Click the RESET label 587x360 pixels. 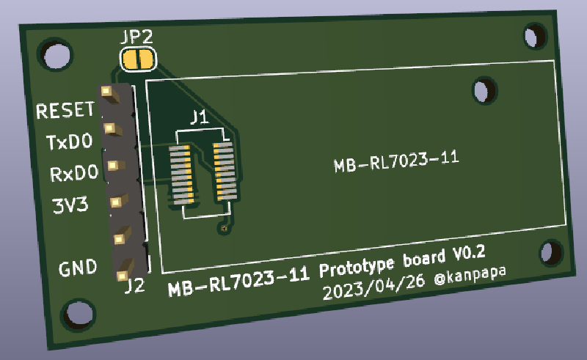tap(65, 111)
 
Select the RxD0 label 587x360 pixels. tap(73, 174)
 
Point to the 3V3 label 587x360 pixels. tap(70, 205)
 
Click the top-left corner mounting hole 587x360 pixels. tap(54, 56)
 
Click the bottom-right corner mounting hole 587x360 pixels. tap(550, 252)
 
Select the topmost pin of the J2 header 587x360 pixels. tap(107, 92)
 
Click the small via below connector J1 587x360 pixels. tap(223, 230)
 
